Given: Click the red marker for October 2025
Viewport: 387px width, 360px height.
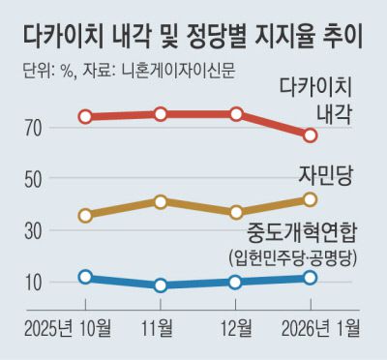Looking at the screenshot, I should [x=86, y=116].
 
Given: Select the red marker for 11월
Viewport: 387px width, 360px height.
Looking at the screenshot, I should [x=161, y=114].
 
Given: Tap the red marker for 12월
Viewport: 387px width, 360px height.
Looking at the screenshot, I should [x=236, y=114].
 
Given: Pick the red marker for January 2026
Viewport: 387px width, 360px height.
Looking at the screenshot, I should [x=310, y=135].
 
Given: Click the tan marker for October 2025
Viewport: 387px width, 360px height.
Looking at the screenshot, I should [x=86, y=215].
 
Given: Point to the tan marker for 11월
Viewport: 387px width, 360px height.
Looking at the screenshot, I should [x=161, y=201].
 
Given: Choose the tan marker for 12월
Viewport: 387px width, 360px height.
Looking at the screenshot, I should [x=236, y=212].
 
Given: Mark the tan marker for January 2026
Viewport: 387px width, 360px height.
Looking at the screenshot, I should [x=310, y=199].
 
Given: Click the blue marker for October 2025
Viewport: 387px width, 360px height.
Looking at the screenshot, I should [x=86, y=277].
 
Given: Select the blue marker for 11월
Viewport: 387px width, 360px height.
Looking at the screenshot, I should [x=161, y=285].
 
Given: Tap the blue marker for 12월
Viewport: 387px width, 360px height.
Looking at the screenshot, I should [x=236, y=282].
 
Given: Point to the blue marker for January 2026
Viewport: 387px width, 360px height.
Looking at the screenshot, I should [x=310, y=278].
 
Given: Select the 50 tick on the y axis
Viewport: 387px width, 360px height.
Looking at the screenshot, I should [x=34, y=180].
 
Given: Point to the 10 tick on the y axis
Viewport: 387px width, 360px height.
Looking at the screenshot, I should [x=34, y=283].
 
